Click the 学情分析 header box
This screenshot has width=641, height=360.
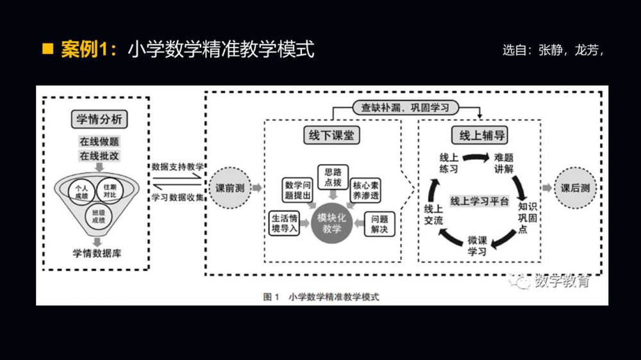click(x=98, y=120)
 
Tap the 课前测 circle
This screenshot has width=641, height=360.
click(x=229, y=188)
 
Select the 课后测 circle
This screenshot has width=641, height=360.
click(x=575, y=188)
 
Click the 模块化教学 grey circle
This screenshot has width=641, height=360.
click(x=331, y=223)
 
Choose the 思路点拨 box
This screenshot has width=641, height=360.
click(x=332, y=177)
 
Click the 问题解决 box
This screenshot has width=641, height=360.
click(x=379, y=224)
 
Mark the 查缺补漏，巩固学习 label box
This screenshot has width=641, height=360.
click(x=405, y=108)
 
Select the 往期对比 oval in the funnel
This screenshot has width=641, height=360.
click(x=110, y=190)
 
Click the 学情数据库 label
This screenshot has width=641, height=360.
click(x=97, y=253)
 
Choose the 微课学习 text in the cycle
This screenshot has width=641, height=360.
click(x=477, y=245)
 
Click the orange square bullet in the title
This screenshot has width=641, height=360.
click(x=47, y=49)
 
